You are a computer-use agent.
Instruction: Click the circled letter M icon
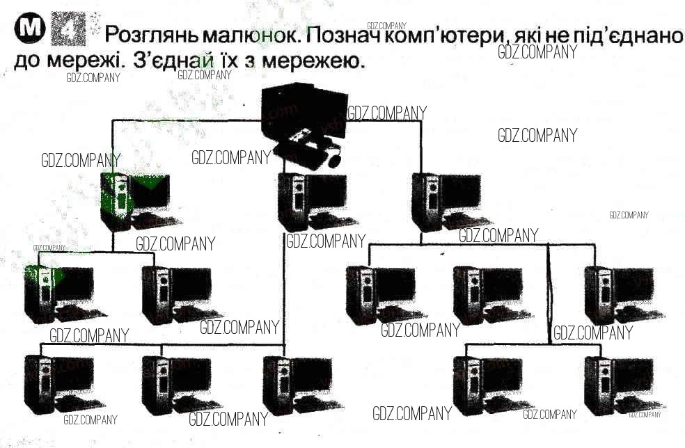click(30, 29)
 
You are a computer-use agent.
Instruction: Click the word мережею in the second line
click(313, 61)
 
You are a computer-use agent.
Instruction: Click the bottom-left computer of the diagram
click(64, 384)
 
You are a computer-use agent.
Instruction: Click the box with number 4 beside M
click(69, 29)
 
